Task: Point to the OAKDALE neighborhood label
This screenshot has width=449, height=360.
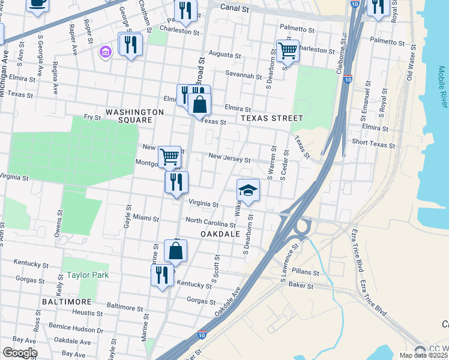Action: click(x=220, y=233)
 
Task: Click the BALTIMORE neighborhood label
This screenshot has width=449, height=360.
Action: click(x=67, y=301)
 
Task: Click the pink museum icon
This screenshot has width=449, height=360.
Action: click(x=107, y=52)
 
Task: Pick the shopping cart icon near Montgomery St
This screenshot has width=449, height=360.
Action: click(x=170, y=157)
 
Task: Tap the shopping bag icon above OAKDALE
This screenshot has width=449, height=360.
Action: click(x=175, y=250)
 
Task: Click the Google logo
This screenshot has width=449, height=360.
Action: click(x=20, y=353)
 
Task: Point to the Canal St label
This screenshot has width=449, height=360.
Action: click(x=234, y=8)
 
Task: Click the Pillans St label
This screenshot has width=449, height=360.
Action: click(x=306, y=272)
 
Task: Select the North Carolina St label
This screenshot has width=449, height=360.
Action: click(x=210, y=222)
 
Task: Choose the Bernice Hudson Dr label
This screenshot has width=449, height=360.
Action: click(x=76, y=329)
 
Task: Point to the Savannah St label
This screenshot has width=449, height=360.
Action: click(x=244, y=76)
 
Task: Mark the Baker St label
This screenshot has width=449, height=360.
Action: click(x=301, y=286)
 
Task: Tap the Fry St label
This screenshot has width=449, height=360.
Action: click(x=92, y=118)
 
